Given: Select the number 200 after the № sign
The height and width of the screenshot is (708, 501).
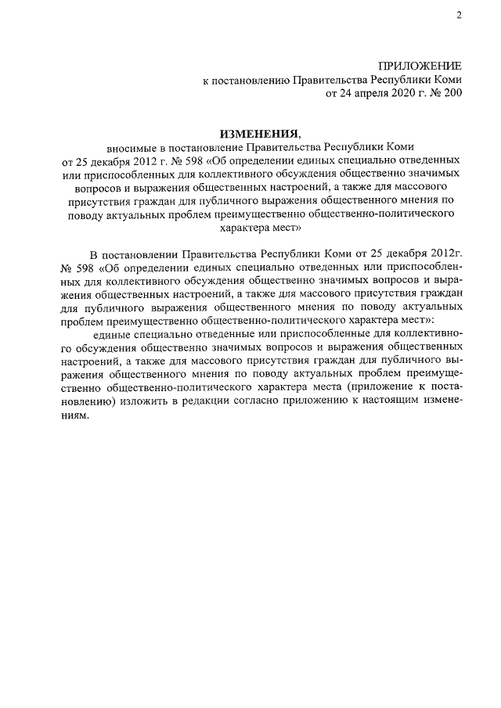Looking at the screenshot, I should click(451, 93).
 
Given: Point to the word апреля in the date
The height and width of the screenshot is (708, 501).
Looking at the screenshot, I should click(362, 93).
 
